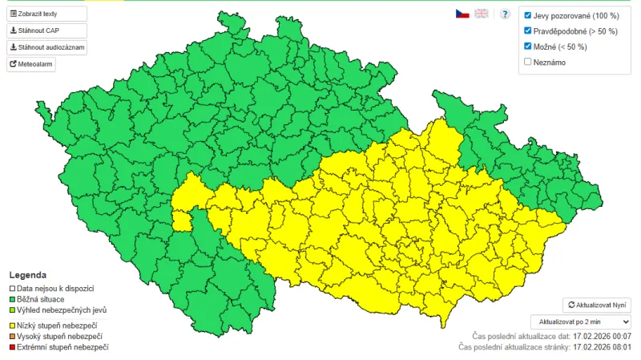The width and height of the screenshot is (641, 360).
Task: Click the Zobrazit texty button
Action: pyautogui.click(x=46, y=14)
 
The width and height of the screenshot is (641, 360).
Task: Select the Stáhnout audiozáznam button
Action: pyautogui.click(x=46, y=47)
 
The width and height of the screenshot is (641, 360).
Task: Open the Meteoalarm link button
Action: pyautogui.click(x=31, y=64)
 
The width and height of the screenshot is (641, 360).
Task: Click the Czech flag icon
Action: pyautogui.click(x=462, y=14)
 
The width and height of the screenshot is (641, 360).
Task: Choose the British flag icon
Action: pyautogui.click(x=482, y=14)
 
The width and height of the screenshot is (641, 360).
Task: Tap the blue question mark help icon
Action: pyautogui.click(x=505, y=14)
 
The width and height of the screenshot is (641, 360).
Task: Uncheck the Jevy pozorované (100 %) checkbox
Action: pyautogui.click(x=527, y=15)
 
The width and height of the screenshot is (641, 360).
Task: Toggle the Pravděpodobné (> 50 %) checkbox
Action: pyautogui.click(x=527, y=30)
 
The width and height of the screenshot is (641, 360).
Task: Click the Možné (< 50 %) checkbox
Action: pyautogui.click(x=527, y=47)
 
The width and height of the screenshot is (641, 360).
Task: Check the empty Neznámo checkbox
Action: pyautogui.click(x=527, y=62)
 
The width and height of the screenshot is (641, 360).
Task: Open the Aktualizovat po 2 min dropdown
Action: pyautogui.click(x=585, y=321)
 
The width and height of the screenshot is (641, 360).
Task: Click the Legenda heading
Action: pyautogui.click(x=27, y=275)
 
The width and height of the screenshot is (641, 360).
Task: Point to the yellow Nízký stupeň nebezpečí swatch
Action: pyautogui.click(x=12, y=325)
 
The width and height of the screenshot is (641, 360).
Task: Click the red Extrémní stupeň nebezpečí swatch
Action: pyautogui.click(x=12, y=347)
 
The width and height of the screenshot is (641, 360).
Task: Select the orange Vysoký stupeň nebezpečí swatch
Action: pyautogui.click(x=12, y=336)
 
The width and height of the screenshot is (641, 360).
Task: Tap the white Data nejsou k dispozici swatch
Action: pyautogui.click(x=12, y=288)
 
